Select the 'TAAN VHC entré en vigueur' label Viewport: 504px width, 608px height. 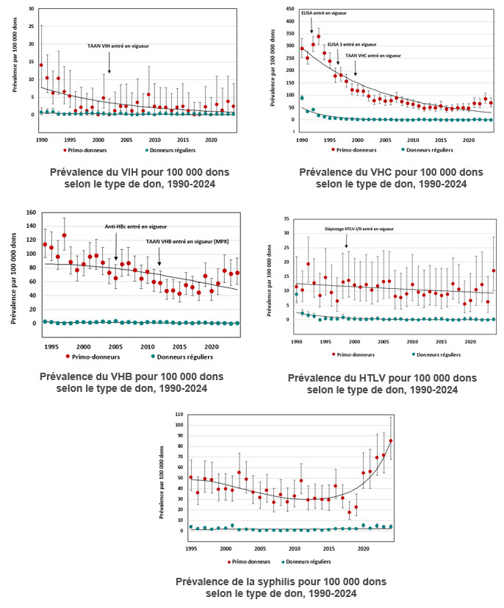[373, 55]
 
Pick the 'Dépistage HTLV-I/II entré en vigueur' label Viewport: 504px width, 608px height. [359, 229]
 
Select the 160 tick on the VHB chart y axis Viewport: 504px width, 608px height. [31, 214]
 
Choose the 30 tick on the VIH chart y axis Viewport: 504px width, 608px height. [30, 9]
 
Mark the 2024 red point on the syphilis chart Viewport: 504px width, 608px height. [391, 441]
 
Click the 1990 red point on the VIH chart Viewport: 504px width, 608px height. [41, 65]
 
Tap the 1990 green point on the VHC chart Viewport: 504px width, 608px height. [302, 98]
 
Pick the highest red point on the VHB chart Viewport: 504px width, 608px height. [64, 236]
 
